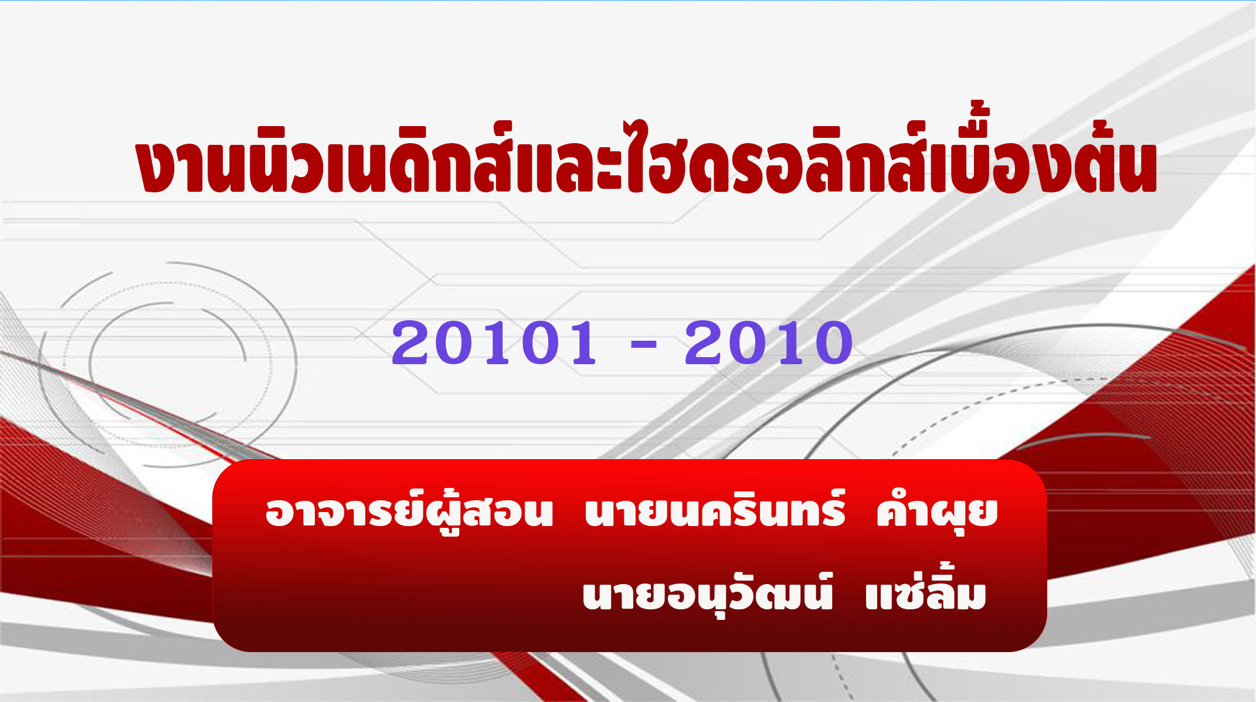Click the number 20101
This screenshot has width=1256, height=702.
pos(494,343)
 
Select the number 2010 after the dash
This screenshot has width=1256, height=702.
pos(768,343)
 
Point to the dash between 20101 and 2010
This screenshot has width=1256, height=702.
pos(643,345)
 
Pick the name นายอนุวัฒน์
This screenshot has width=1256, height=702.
pos(707,594)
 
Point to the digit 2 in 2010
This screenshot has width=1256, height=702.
pos(706,343)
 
